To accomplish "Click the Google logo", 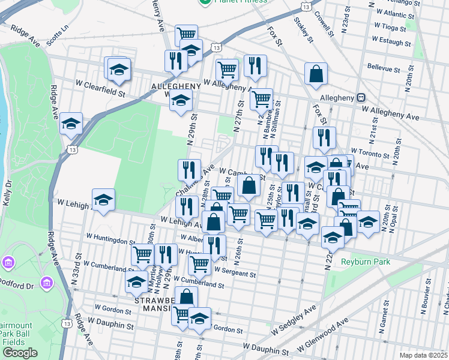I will tap(19, 352).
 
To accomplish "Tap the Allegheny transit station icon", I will tap(361, 97).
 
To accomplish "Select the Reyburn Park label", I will tap(365, 262).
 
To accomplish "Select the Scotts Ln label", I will tap(58, 32).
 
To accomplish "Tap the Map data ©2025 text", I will tap(423, 355).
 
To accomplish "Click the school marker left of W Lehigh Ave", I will tap(103, 201).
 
